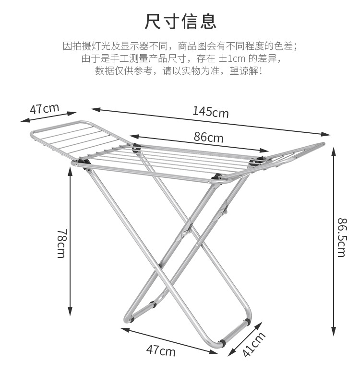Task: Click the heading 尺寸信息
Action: [180, 22]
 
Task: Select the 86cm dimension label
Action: [208, 138]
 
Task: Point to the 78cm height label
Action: [61, 243]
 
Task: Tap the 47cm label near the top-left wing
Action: [44, 108]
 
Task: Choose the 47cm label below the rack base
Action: [161, 351]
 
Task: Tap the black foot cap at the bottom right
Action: [222, 344]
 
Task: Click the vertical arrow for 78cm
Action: [71, 240]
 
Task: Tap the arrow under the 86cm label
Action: [199, 143]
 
